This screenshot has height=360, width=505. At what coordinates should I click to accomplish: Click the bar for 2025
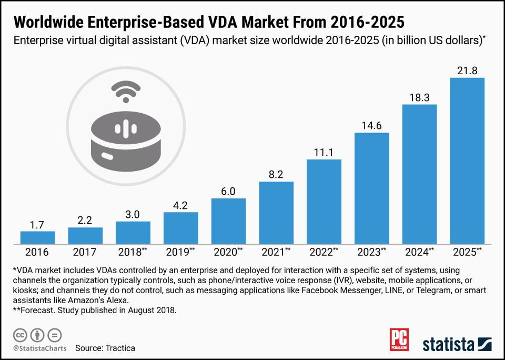(x=467, y=161)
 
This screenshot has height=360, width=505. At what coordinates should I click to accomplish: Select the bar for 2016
(x=37, y=237)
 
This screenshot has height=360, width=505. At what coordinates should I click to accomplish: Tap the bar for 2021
(x=276, y=213)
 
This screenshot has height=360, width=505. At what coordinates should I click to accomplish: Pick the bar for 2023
(x=371, y=188)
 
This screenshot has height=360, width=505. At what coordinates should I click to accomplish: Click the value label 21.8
(x=467, y=71)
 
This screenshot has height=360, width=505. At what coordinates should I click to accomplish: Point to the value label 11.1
(x=324, y=152)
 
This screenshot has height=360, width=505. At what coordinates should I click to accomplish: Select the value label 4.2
(x=180, y=205)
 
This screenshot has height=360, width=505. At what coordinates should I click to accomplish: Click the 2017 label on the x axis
(x=85, y=252)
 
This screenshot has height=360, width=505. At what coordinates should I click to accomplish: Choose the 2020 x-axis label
(x=228, y=252)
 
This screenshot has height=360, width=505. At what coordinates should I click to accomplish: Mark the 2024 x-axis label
(x=419, y=252)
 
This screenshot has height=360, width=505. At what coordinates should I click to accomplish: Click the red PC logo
(x=399, y=340)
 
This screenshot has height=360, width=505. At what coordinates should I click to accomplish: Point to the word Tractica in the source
(x=119, y=348)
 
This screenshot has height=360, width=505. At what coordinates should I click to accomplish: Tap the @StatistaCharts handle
(x=37, y=348)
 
